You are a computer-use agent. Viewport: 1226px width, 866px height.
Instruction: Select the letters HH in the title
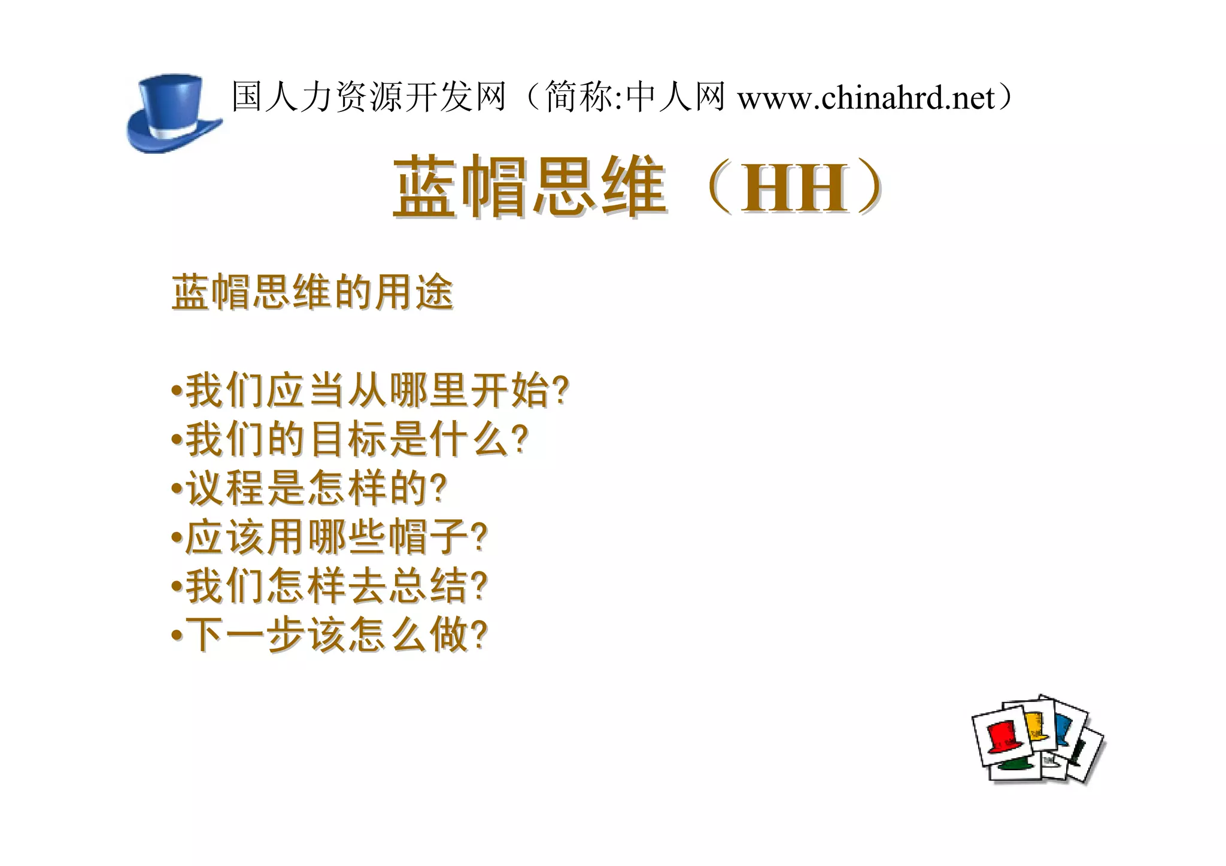pyautogui.click(x=795, y=188)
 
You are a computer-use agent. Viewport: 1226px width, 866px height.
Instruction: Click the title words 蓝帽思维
pyautogui.click(x=530, y=186)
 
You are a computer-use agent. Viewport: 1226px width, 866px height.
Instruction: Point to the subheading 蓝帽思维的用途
pyautogui.click(x=312, y=293)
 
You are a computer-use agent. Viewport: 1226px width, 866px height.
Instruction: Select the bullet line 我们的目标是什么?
pyautogui.click(x=350, y=439)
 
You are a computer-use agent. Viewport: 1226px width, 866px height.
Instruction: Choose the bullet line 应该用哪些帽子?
pyautogui.click(x=330, y=537)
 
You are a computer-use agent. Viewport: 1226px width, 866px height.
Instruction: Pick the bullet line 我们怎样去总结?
pyautogui.click(x=330, y=586)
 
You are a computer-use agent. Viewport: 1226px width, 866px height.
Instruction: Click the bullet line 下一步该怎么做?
pyautogui.click(x=330, y=635)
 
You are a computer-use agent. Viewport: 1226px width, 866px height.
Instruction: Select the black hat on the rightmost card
pyautogui.click(x=1078, y=752)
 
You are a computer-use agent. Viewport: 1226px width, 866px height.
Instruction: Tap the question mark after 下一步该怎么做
pyautogui.click(x=480, y=635)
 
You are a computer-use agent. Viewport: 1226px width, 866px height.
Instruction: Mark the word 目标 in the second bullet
pyautogui.click(x=349, y=439)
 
